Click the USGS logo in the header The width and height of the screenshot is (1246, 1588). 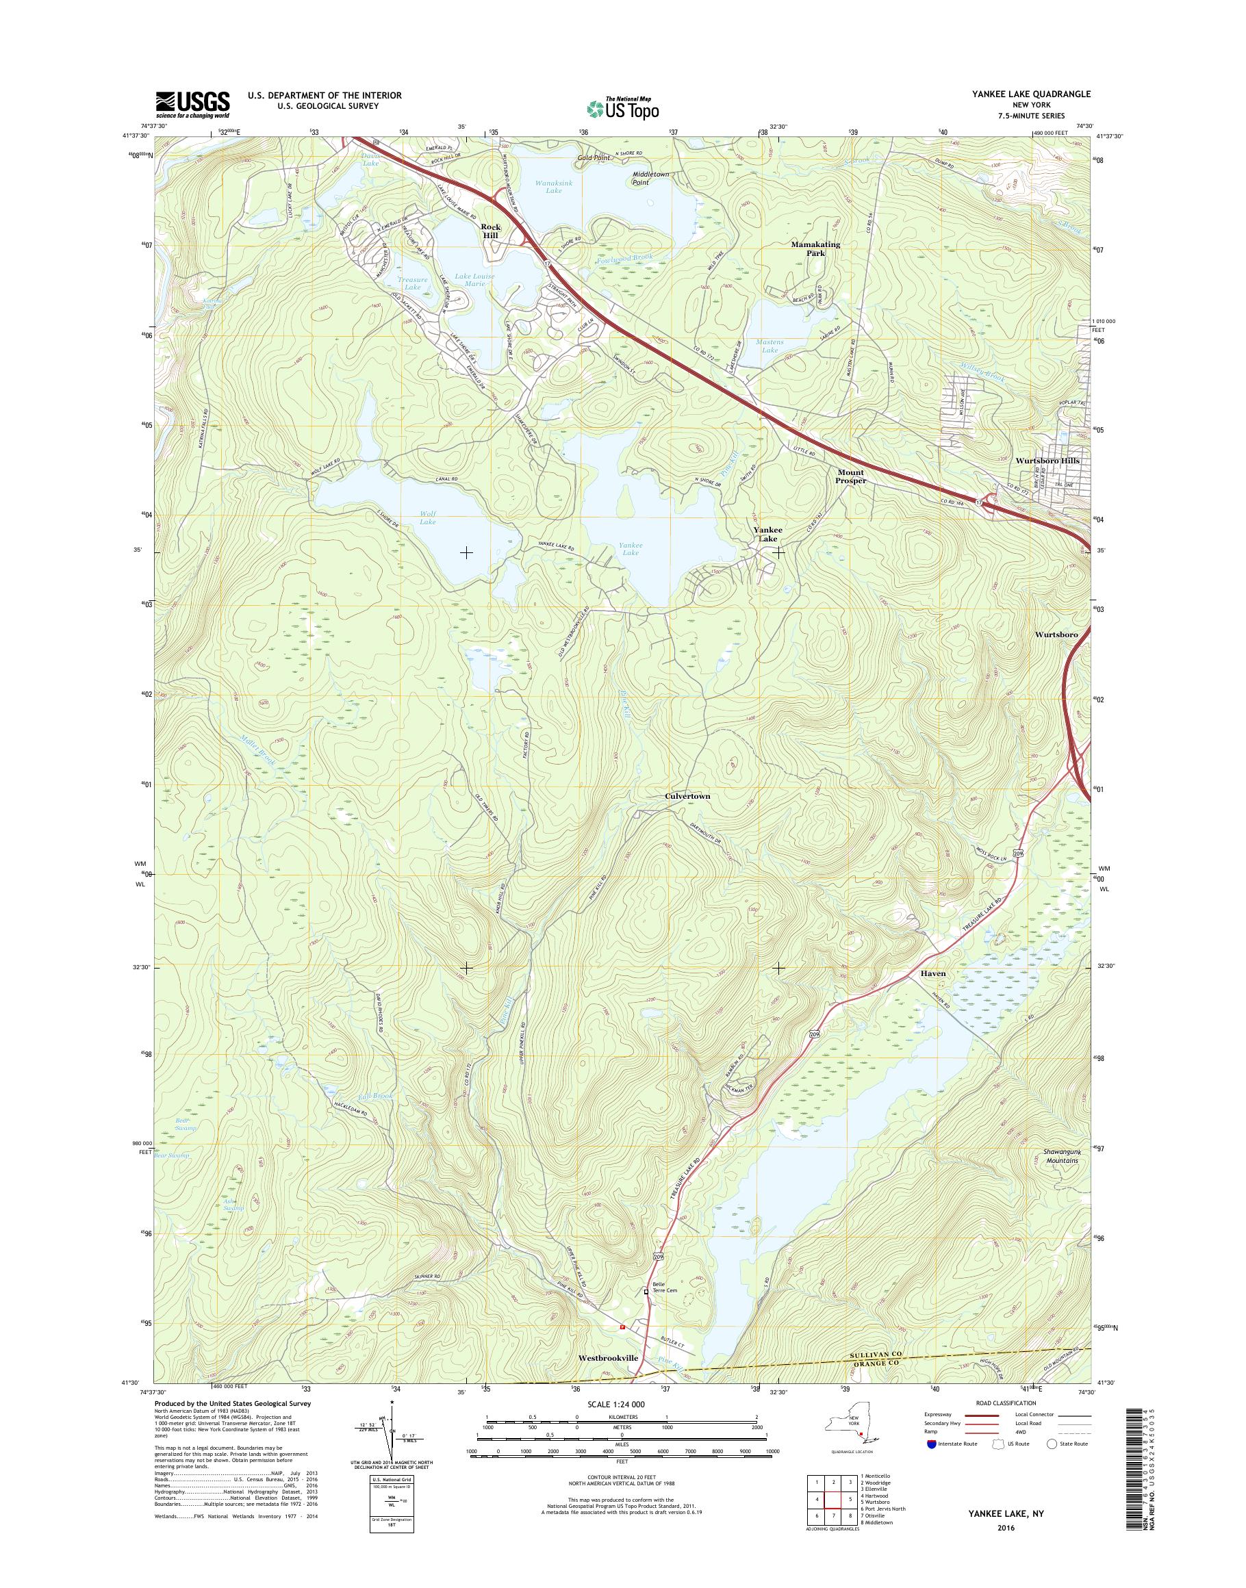192,104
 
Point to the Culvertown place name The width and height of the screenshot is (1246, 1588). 687,797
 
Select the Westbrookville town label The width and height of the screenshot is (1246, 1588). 608,1358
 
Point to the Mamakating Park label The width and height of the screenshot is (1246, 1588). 815,248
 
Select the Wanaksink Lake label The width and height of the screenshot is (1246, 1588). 548,186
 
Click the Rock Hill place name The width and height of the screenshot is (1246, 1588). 491,231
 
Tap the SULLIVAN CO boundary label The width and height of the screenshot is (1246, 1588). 875,1354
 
